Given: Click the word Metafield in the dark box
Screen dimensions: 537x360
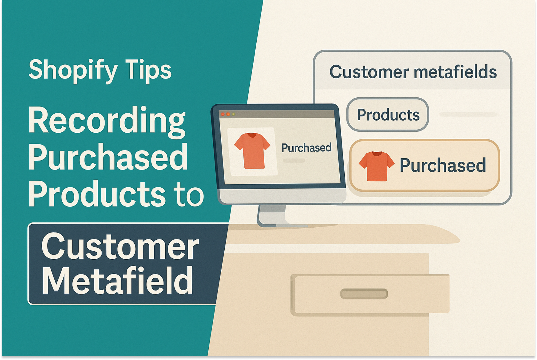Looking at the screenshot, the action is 117,281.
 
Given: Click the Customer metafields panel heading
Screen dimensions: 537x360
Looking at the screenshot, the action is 413,72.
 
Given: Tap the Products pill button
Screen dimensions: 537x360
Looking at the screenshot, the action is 388,114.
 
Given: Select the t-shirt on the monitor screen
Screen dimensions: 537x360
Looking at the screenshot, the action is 252,150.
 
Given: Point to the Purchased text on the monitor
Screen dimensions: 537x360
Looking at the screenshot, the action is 306,148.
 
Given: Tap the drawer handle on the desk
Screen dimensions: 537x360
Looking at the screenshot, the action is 364,294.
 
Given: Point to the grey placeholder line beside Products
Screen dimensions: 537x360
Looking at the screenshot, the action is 468,114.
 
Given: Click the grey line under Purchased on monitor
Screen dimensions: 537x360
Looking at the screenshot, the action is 294,161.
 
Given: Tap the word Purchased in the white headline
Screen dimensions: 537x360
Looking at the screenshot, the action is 108,157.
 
